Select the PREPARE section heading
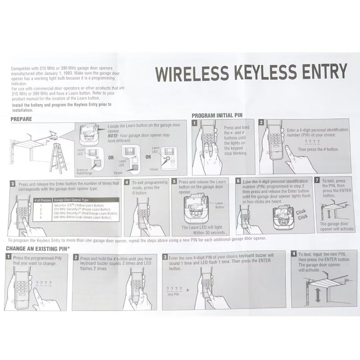(21, 119)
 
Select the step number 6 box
(238, 181)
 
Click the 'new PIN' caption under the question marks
(174, 294)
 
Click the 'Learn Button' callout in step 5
(219, 205)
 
